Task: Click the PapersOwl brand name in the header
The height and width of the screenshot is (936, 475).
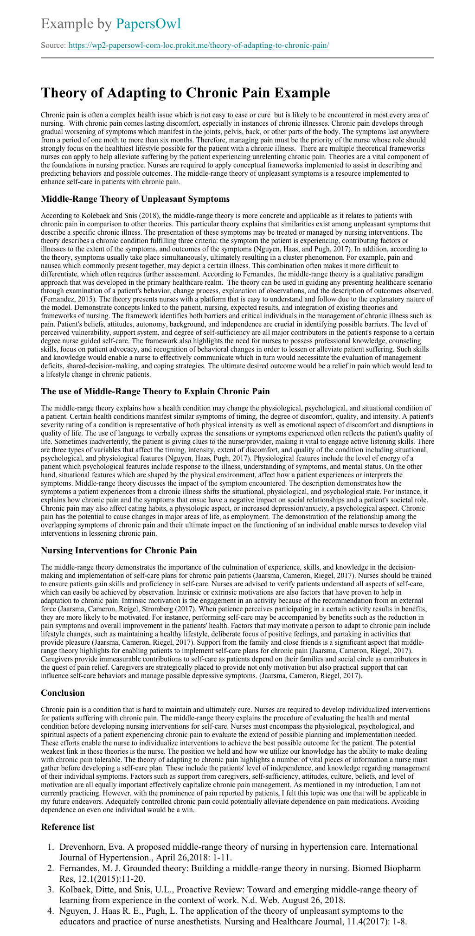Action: pyautogui.click(x=148, y=23)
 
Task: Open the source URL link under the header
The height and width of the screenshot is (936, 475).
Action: pyautogui.click(x=199, y=45)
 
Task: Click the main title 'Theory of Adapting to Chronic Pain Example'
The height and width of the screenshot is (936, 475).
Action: pyautogui.click(x=185, y=92)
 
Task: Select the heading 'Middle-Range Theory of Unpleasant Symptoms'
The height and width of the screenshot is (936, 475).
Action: pyautogui.click(x=135, y=199)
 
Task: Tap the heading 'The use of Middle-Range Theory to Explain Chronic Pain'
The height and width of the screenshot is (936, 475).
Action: pyautogui.click(x=155, y=391)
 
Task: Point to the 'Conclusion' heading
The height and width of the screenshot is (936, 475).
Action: pyautogui.click(x=63, y=693)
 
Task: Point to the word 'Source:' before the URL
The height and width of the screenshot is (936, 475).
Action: pyautogui.click(x=53, y=45)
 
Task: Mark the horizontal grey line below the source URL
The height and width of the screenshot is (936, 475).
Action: pyautogui.click(x=237, y=58)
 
